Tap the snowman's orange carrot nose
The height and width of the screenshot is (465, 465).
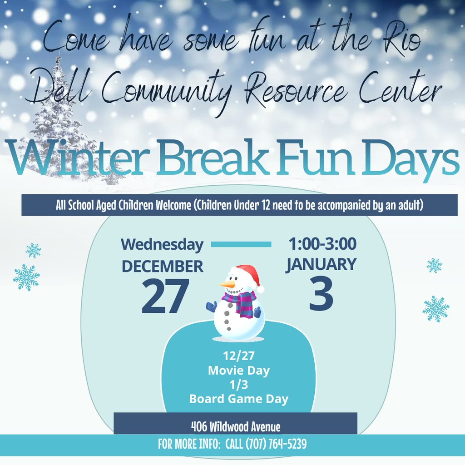(x=228, y=285)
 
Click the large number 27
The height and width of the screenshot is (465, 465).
(x=165, y=297)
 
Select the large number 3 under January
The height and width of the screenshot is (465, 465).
(x=321, y=294)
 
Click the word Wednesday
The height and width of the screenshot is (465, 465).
(x=162, y=244)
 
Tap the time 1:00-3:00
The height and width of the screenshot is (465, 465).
(x=322, y=244)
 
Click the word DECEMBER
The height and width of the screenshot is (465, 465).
(x=162, y=266)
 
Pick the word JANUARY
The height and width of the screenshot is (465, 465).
(x=321, y=264)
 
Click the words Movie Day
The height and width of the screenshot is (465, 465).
(x=239, y=371)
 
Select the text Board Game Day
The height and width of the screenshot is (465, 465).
(x=239, y=399)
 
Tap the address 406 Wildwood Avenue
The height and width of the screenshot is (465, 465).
(x=235, y=427)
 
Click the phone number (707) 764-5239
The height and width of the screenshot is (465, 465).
(x=276, y=444)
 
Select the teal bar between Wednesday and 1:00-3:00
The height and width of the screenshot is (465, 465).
(x=241, y=244)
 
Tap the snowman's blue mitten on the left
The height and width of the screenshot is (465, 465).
(x=211, y=307)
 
